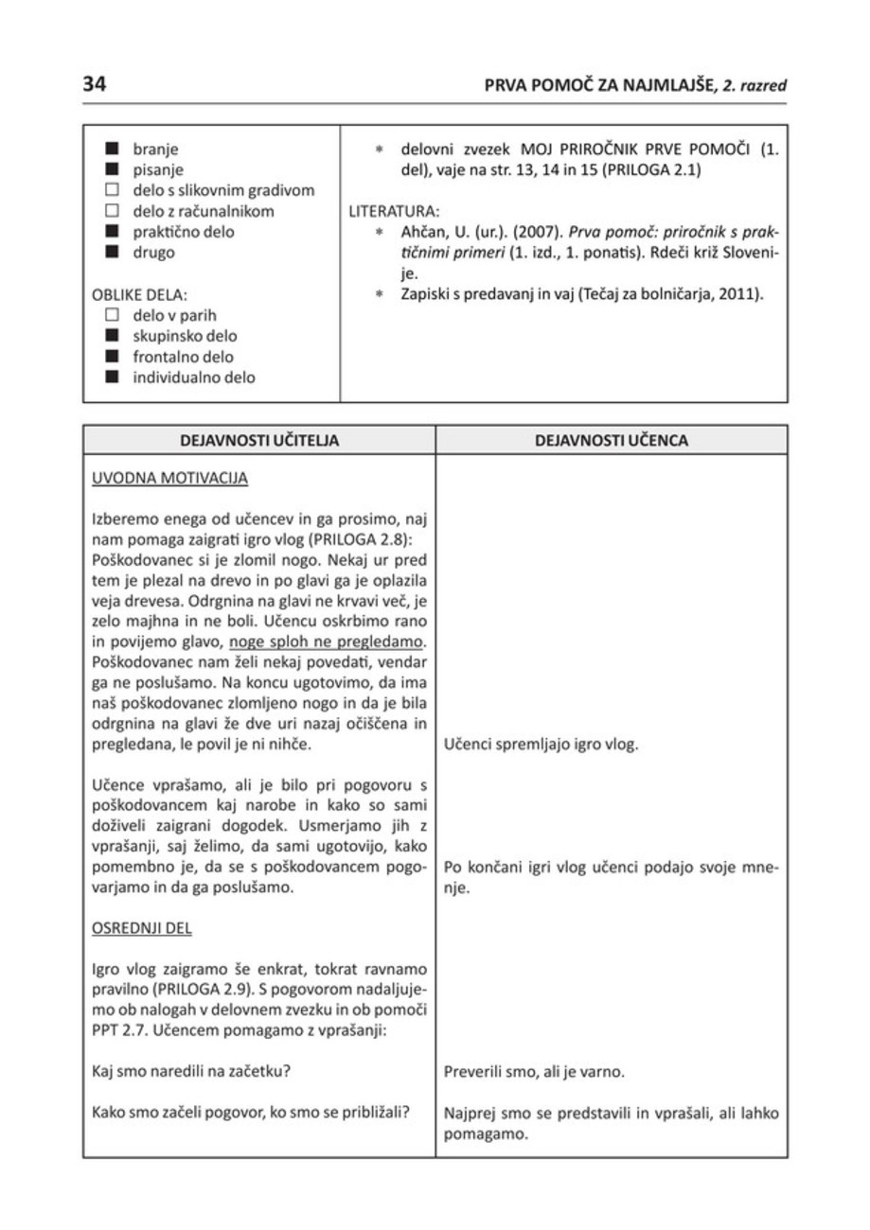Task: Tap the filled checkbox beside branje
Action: (114, 149)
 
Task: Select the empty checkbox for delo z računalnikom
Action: (114, 211)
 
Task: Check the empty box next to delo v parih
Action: (114, 315)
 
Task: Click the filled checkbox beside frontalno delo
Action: (114, 357)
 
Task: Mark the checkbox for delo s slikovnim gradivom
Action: (114, 190)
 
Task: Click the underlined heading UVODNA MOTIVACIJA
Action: (169, 479)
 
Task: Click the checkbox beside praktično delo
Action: (114, 232)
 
